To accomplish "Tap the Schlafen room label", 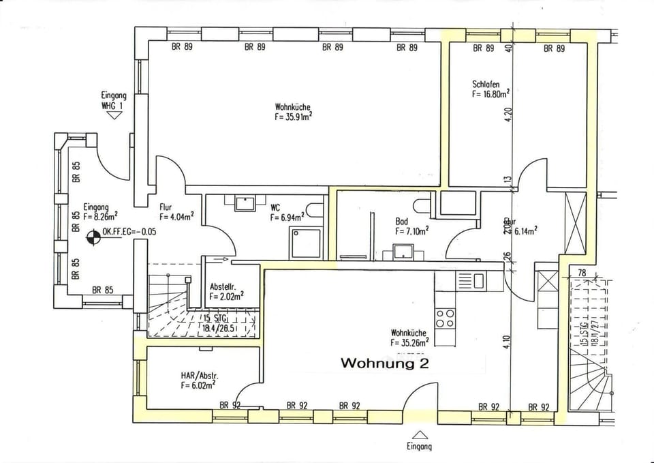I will click(x=486, y=85).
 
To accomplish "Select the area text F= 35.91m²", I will click(x=294, y=117).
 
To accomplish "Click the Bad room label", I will click(x=401, y=222).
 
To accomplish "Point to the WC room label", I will click(x=275, y=207).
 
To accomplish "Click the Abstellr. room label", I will click(x=223, y=286).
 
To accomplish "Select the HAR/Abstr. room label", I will click(x=199, y=376).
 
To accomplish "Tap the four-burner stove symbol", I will click(x=445, y=318).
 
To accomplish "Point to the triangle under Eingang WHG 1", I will click(x=114, y=115).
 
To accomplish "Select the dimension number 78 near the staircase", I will click(x=582, y=273).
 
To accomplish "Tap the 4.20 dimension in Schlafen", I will click(x=508, y=117).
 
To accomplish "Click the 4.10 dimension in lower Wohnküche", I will click(x=508, y=341).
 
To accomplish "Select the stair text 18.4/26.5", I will click(x=218, y=328).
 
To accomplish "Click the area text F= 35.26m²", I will click(x=409, y=342).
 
